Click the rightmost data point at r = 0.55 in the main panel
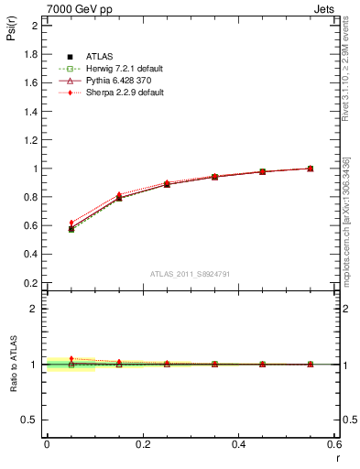click(311, 169)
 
